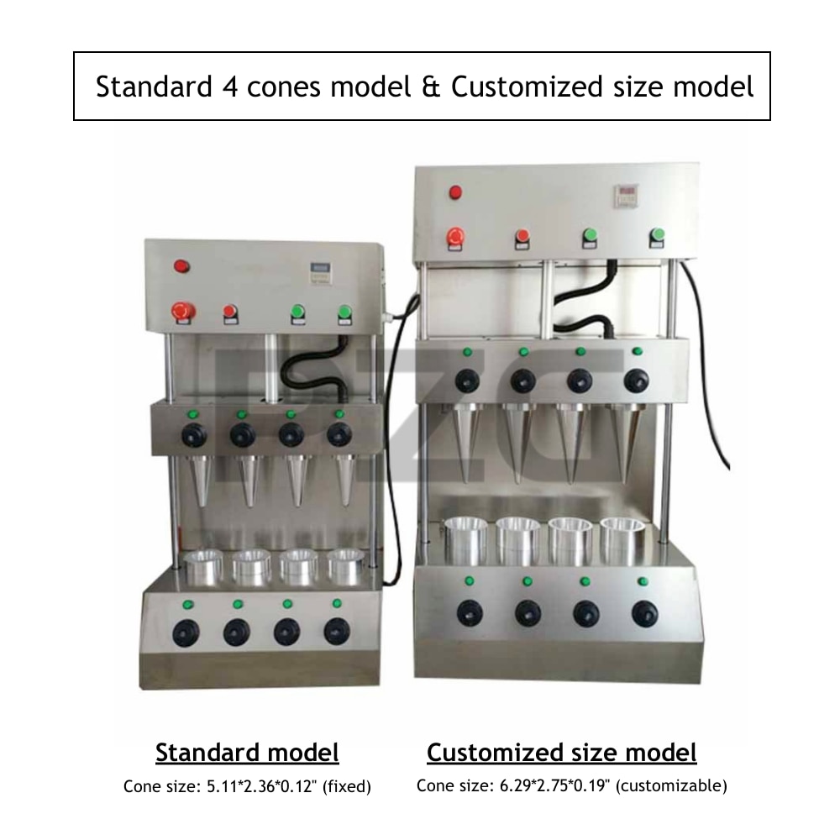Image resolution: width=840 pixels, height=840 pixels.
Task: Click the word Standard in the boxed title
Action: click(154, 87)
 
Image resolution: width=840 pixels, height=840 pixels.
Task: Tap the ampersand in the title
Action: click(431, 87)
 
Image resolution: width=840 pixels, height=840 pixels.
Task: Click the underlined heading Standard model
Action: click(247, 753)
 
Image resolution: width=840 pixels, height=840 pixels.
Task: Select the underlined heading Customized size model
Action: click(561, 753)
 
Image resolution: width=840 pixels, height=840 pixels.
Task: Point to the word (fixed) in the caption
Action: click(347, 786)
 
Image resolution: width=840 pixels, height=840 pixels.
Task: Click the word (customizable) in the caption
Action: click(671, 786)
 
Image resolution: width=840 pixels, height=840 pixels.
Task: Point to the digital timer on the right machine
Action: click(625, 196)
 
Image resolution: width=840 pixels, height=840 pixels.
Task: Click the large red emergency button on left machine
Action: click(183, 312)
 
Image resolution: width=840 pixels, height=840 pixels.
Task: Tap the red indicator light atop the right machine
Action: click(455, 192)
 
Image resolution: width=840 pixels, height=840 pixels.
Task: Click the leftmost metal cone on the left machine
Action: click(201, 480)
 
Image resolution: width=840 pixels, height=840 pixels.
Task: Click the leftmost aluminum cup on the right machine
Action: click(465, 540)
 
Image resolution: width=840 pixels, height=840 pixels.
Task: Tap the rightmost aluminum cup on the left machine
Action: click(345, 566)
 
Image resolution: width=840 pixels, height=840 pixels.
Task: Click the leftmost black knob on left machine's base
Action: click(186, 633)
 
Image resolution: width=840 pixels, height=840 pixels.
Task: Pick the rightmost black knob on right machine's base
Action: click(644, 613)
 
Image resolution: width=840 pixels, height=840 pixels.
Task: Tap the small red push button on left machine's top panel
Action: click(230, 314)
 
